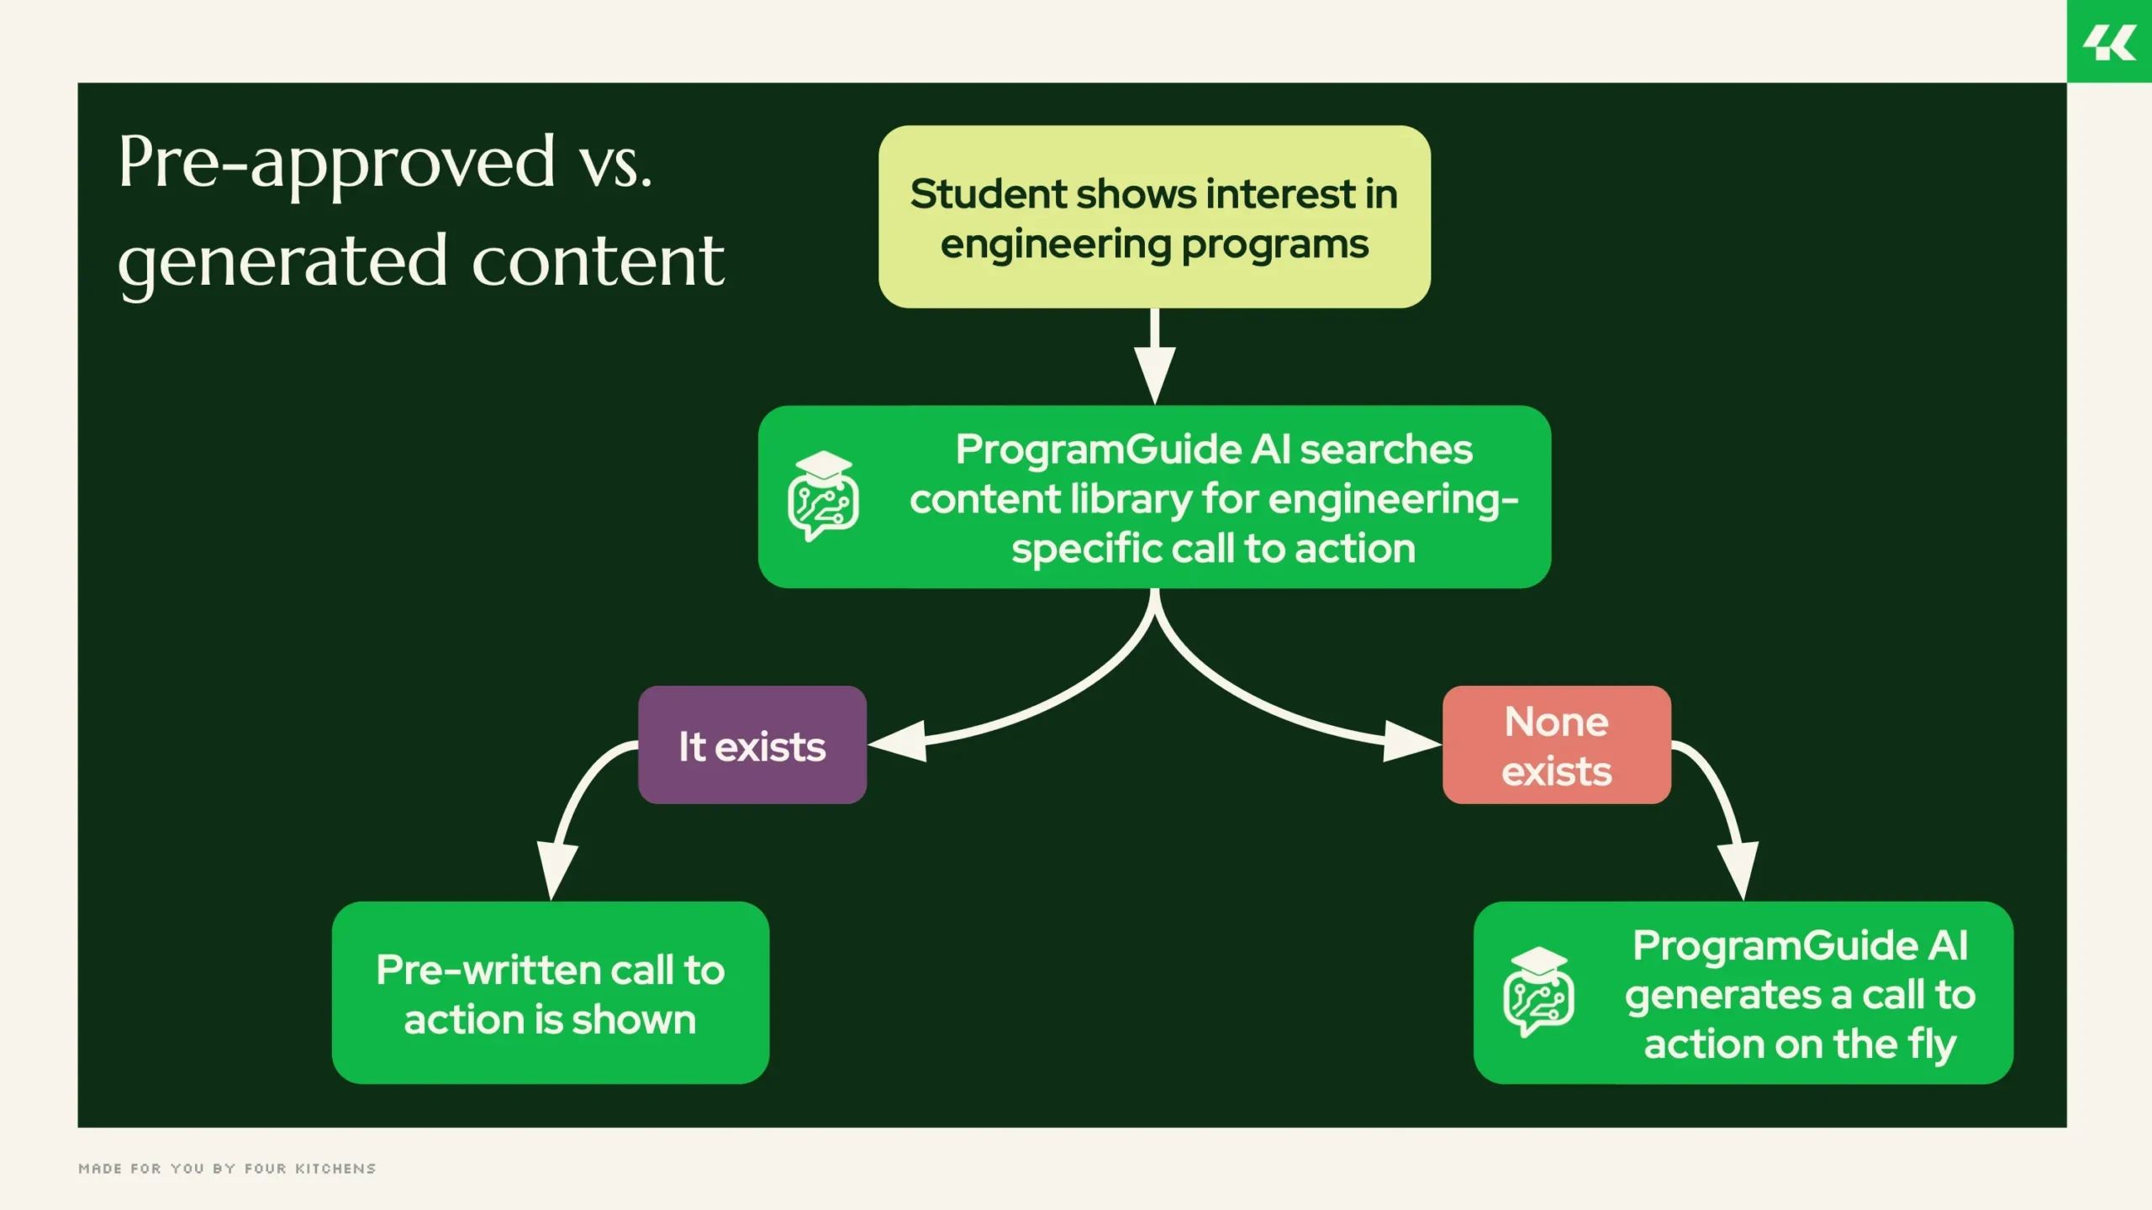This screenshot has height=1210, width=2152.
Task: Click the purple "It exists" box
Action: pyautogui.click(x=752, y=745)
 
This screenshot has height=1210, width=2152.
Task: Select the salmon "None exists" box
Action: pyautogui.click(x=1557, y=745)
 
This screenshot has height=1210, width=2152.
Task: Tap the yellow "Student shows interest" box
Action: pyautogui.click(x=1154, y=217)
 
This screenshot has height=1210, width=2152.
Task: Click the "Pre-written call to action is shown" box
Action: pyautogui.click(x=551, y=993)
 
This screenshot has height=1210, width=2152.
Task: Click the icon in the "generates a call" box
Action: pyautogui.click(x=1538, y=992)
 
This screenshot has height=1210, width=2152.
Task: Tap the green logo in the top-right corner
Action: pyautogui.click(x=2109, y=42)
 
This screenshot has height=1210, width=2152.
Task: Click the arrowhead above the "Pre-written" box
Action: pyautogui.click(x=557, y=870)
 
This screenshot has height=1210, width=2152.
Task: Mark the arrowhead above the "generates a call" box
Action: pyautogui.click(x=1738, y=870)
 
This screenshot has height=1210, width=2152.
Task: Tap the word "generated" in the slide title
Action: pyautogui.click(x=282, y=262)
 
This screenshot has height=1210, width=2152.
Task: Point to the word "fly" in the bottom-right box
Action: pyautogui.click(x=1932, y=1044)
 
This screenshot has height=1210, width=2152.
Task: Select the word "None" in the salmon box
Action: pyautogui.click(x=1557, y=722)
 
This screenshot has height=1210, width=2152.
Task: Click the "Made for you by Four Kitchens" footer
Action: pyautogui.click(x=227, y=1169)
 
